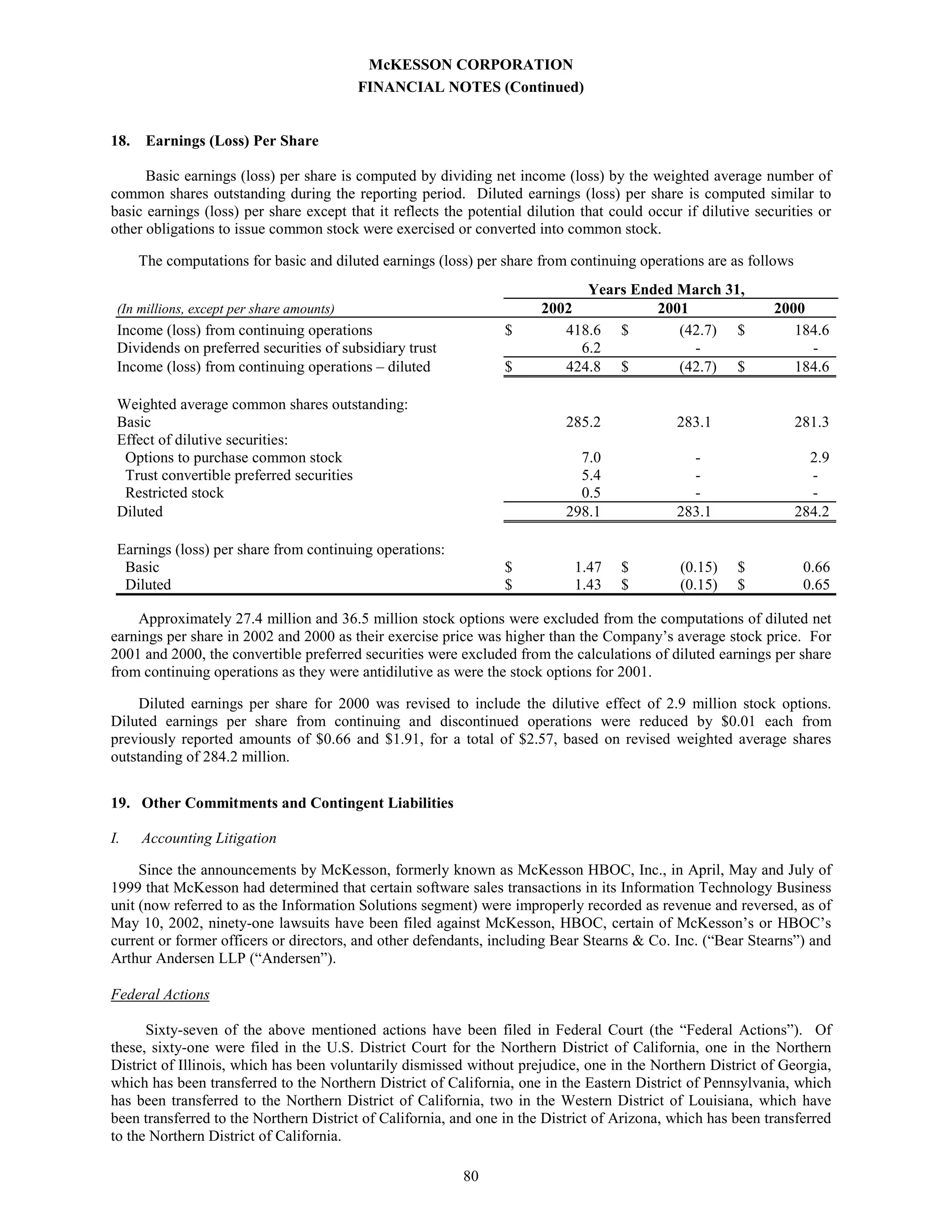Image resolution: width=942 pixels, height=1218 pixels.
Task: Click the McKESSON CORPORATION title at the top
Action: pos(471,65)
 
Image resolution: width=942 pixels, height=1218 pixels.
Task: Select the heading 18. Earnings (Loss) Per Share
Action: pos(215,141)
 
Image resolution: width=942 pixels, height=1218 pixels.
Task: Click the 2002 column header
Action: pos(557,308)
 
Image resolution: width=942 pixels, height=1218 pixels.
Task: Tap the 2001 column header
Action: pos(672,308)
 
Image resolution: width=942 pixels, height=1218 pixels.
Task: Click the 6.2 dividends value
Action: pos(591,348)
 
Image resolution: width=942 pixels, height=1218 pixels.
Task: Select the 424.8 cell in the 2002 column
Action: pos(583,367)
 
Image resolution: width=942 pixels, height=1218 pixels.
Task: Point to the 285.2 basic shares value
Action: pos(583,422)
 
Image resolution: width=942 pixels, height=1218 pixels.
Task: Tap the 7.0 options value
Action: pos(591,458)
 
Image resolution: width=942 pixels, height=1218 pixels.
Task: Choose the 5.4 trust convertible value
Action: pos(591,475)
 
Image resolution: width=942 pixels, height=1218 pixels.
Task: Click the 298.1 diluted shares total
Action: pos(583,512)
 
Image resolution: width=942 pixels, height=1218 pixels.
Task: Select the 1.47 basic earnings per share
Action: pos(588,567)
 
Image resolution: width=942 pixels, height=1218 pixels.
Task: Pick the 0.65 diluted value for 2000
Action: pos(816,585)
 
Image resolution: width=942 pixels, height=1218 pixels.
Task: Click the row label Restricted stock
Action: pos(174,493)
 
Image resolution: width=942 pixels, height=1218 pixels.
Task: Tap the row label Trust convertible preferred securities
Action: pos(239,475)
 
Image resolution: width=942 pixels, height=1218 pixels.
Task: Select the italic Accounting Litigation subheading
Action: pos(209,838)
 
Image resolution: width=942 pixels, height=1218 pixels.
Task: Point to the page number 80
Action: pos(471,1176)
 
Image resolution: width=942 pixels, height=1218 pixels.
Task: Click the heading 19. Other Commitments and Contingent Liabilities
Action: pos(282,803)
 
